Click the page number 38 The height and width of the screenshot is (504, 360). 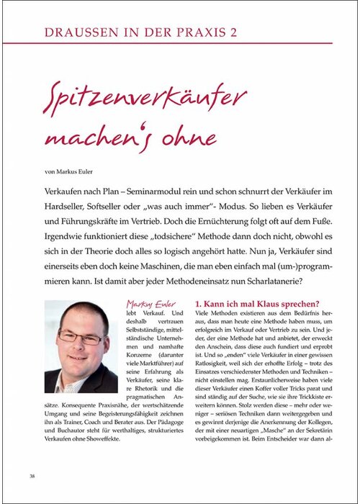(33, 476)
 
